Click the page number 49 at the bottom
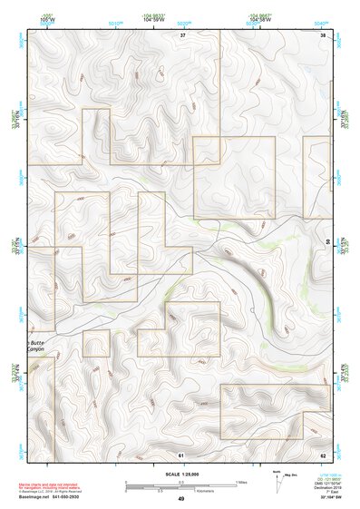[180, 498]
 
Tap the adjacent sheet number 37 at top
[182, 34]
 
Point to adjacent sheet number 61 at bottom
[181, 453]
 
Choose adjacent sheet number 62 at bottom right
[323, 453]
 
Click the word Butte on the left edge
[36, 342]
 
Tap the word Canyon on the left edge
[37, 349]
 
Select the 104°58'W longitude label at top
[261, 17]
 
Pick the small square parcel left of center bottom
[96, 343]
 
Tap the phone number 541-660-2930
[71, 496]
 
